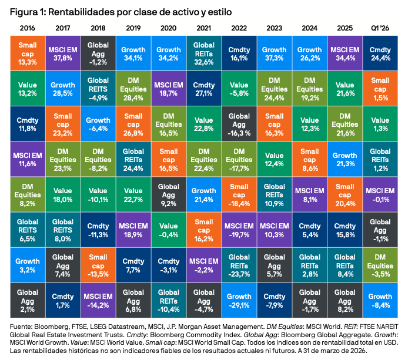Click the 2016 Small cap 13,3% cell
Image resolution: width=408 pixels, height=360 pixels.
pos(28,52)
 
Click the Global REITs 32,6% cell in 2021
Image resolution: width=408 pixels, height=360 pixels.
pos(203,52)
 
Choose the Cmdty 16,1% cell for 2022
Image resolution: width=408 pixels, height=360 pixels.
pos(240,52)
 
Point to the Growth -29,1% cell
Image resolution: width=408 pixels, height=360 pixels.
pos(240,301)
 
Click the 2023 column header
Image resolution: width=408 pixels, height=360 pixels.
pos(275,28)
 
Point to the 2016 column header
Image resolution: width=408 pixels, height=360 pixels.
pos(28,28)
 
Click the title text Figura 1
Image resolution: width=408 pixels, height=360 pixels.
pos(26,12)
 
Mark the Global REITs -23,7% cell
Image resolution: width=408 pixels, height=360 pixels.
pos(240,265)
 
